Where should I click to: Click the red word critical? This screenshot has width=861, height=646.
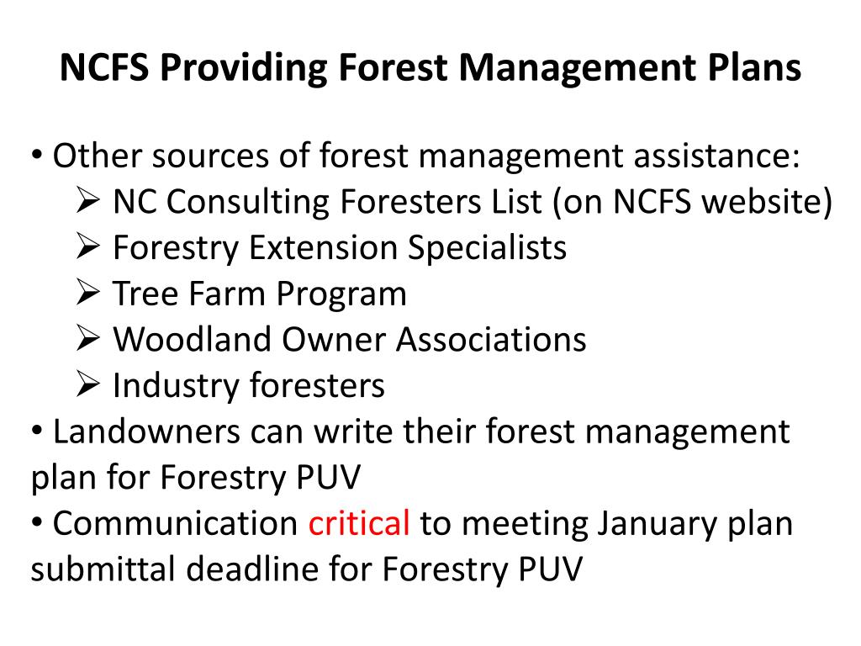pyautogui.click(x=359, y=523)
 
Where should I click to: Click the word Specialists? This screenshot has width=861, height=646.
pyautogui.click(x=488, y=248)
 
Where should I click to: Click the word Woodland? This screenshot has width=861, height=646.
pyautogui.click(x=193, y=339)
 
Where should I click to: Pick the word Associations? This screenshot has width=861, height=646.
pyautogui.click(x=492, y=339)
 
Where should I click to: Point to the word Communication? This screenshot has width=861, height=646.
pyautogui.click(x=176, y=523)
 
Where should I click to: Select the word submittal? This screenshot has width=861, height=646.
pyautogui.click(x=103, y=569)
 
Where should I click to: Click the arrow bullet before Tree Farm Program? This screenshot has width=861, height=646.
pyautogui.click(x=87, y=294)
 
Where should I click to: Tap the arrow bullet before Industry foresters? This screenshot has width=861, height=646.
pyautogui.click(x=87, y=385)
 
